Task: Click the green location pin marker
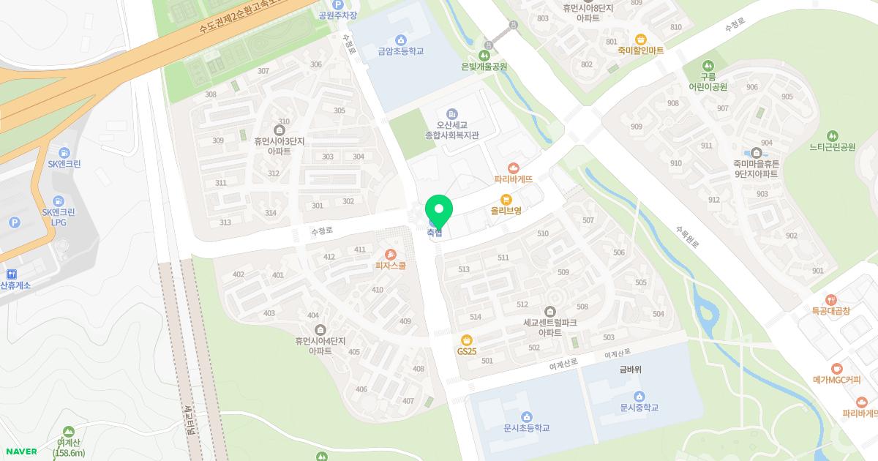438,211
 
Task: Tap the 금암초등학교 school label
400,51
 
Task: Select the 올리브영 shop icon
506,198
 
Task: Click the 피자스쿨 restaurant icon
391,254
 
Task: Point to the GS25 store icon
466,340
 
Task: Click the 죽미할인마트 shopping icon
641,39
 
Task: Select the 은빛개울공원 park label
484,67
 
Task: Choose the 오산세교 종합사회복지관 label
451,130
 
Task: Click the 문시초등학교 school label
526,428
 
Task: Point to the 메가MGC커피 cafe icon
837,369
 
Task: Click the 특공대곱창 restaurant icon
830,299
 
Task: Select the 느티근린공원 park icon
832,135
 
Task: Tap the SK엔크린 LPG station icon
59,200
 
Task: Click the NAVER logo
20,451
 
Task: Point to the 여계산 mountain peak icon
69,432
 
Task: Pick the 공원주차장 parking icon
338,4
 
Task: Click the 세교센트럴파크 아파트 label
550,327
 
